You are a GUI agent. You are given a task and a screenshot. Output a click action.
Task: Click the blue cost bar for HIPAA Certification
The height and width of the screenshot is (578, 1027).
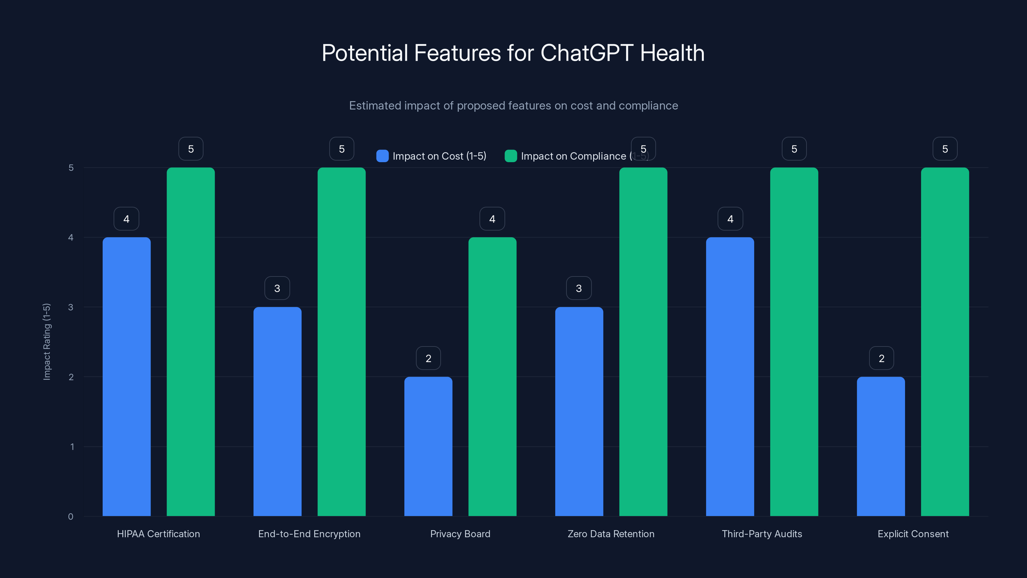(126, 377)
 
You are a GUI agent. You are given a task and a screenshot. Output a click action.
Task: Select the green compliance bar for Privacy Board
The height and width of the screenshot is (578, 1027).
(492, 377)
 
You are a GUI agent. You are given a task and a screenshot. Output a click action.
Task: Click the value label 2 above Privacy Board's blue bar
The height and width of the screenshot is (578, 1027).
(428, 358)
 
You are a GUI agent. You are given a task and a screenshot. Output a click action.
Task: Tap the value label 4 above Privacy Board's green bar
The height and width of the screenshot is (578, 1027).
(492, 219)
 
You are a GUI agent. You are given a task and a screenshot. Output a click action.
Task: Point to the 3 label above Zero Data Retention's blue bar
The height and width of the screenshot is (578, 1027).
(578, 288)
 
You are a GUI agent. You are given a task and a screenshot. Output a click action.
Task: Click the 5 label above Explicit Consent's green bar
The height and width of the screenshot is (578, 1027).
(945, 149)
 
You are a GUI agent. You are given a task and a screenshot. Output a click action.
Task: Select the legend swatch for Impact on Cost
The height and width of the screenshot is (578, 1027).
(382, 156)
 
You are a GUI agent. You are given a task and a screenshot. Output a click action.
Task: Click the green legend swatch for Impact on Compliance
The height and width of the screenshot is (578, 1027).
(511, 156)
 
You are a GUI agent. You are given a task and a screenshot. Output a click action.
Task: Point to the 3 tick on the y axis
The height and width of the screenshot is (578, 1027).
(71, 307)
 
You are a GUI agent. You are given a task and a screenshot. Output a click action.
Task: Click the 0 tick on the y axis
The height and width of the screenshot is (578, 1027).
(71, 517)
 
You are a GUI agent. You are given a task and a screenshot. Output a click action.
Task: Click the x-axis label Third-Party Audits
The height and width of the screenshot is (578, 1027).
(762, 534)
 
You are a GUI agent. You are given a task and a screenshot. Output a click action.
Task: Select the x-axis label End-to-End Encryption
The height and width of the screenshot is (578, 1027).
(309, 534)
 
